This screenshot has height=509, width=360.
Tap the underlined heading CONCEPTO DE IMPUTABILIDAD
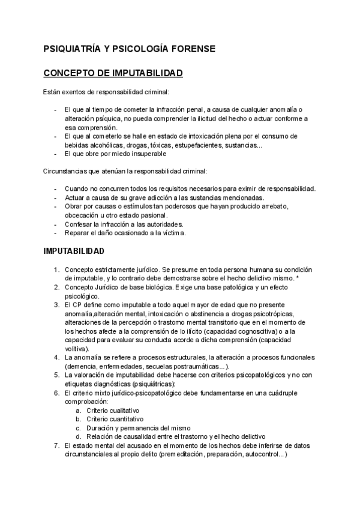tap(113, 73)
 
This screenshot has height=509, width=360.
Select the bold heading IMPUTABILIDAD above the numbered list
tap(74, 250)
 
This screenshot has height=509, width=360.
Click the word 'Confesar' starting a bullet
tap(78, 224)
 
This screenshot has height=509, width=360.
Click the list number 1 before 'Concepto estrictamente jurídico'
tap(56, 270)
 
